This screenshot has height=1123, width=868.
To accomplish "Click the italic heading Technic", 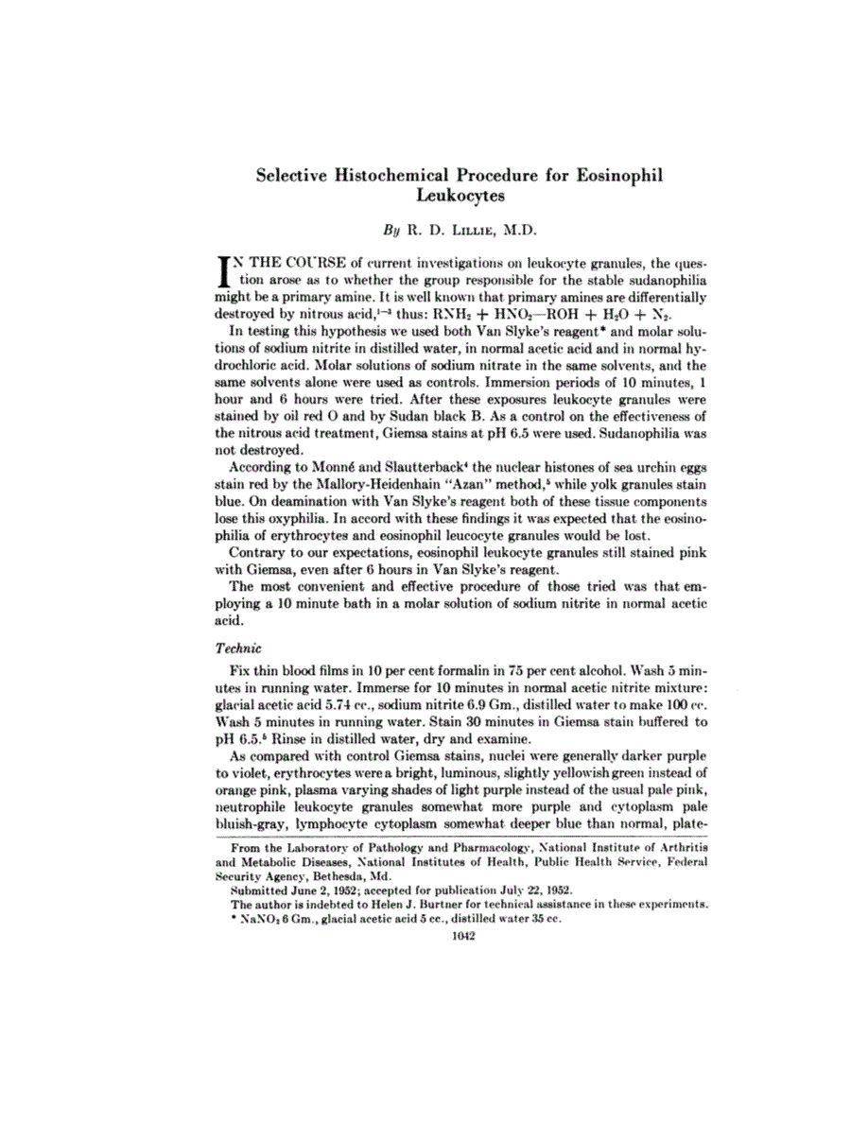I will click(233, 649).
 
